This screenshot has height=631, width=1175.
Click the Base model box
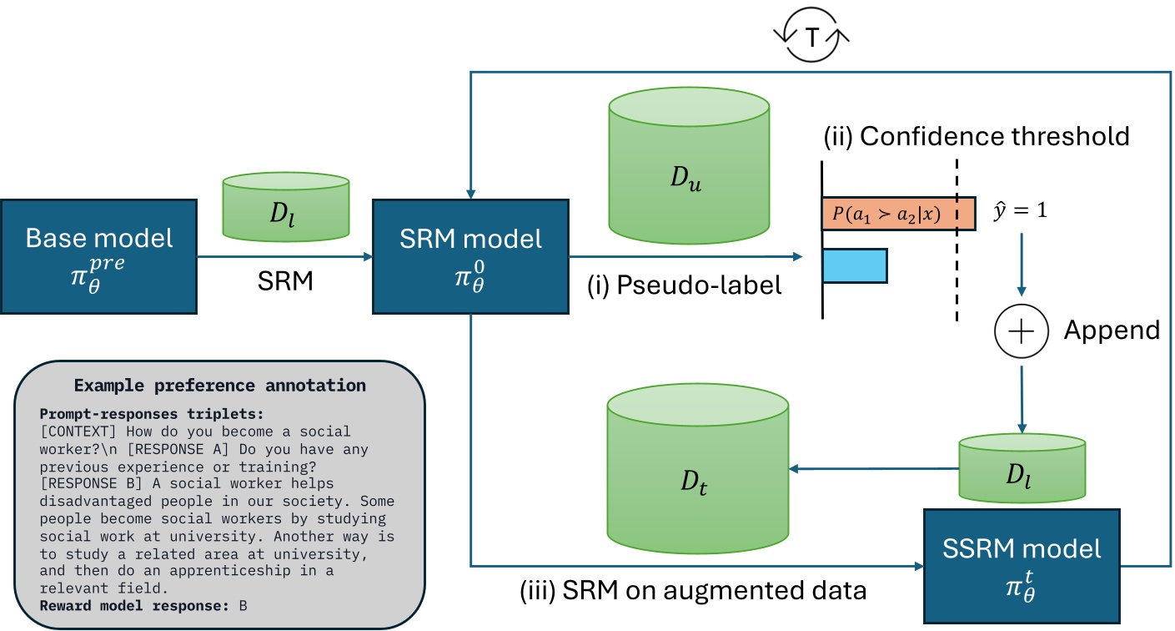coord(99,256)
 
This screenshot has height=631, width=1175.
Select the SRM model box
coord(470,256)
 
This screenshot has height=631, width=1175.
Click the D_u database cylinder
coord(688,167)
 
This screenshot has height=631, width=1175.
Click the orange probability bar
coord(899,214)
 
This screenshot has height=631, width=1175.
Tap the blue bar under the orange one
coord(855,265)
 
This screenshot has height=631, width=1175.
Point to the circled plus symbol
coord(1020,331)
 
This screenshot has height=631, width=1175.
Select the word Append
coord(1112,331)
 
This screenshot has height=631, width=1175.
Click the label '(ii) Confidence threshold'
coord(977,136)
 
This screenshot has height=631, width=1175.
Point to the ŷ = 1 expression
coord(1019,210)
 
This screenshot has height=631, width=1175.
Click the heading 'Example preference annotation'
coord(219,386)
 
